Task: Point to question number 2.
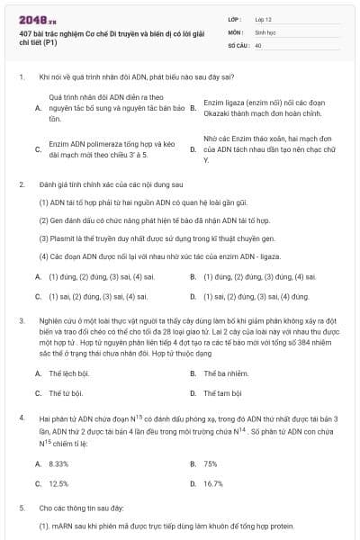21,184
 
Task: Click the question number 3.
21,319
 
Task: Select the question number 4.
21,418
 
